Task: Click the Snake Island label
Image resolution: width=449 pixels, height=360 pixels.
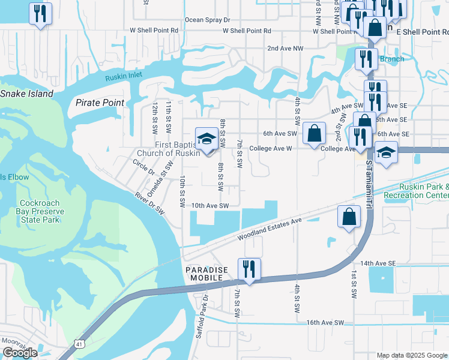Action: pyautogui.click(x=26, y=94)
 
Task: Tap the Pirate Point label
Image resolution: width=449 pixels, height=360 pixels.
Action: pyautogui.click(x=100, y=103)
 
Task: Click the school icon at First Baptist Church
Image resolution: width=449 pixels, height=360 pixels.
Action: pyautogui.click(x=206, y=139)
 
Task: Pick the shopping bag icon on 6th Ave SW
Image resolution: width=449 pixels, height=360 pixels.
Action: pyautogui.click(x=314, y=133)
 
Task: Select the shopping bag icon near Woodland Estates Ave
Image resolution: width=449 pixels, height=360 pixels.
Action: pyautogui.click(x=349, y=217)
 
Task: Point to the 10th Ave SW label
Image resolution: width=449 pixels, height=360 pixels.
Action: pyautogui.click(x=211, y=205)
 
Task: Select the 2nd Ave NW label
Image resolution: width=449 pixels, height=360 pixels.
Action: pyautogui.click(x=285, y=48)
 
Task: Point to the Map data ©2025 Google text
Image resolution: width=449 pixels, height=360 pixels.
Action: pyautogui.click(x=411, y=355)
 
